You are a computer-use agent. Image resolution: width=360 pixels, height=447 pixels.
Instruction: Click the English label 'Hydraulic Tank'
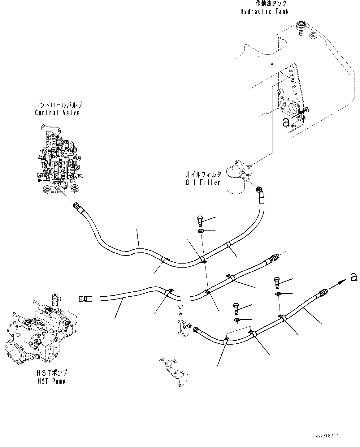(264, 11)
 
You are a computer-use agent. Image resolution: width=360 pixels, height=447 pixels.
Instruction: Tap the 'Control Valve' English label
(57, 113)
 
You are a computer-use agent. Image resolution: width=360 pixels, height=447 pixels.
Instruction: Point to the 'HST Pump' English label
(51, 381)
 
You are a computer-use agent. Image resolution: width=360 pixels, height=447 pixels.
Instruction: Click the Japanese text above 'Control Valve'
(59, 105)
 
